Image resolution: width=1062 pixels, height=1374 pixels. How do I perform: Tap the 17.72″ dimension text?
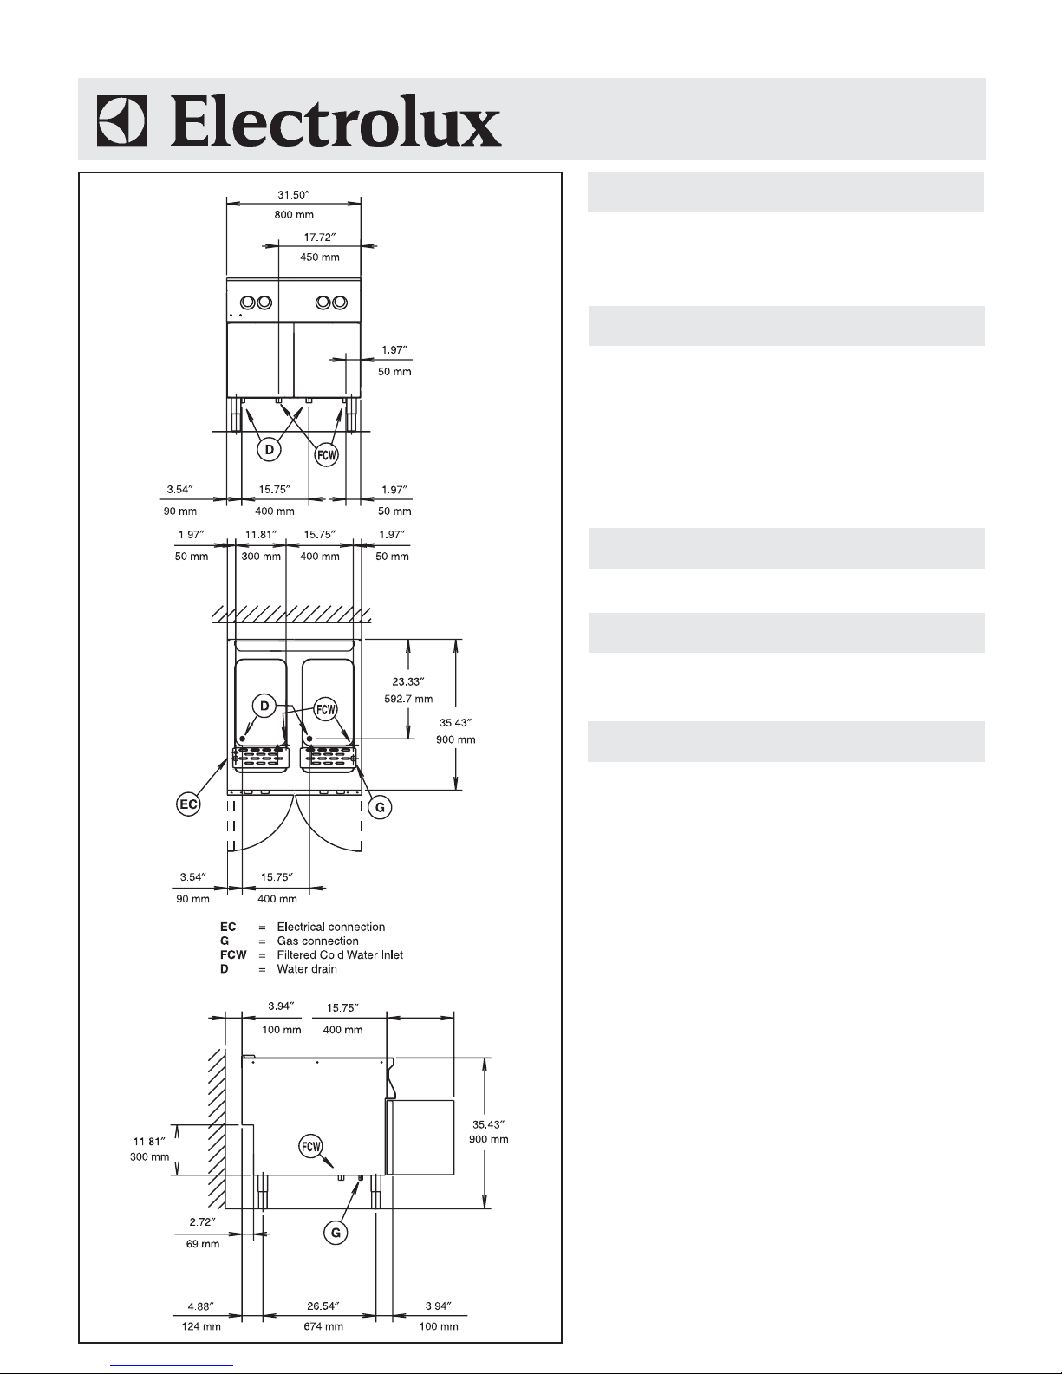point(320,237)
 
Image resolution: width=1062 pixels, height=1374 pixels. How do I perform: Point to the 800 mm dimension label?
point(295,215)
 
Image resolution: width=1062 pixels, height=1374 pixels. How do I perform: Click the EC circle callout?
point(188,804)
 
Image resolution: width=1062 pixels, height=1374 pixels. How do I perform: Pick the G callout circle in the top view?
point(380,807)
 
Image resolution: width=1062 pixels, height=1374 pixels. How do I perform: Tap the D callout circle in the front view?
point(270,449)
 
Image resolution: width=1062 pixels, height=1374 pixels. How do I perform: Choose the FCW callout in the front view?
point(326,453)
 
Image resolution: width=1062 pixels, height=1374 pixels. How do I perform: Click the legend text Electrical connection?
point(331,927)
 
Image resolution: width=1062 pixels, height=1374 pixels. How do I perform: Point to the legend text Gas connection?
point(317,941)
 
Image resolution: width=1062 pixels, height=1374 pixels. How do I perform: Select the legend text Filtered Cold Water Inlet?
point(340,954)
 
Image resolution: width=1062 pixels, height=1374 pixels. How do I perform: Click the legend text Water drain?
point(307,968)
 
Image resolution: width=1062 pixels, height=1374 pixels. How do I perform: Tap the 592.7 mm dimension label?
point(408,699)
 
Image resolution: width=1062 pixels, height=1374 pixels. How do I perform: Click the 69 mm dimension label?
point(204,1244)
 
